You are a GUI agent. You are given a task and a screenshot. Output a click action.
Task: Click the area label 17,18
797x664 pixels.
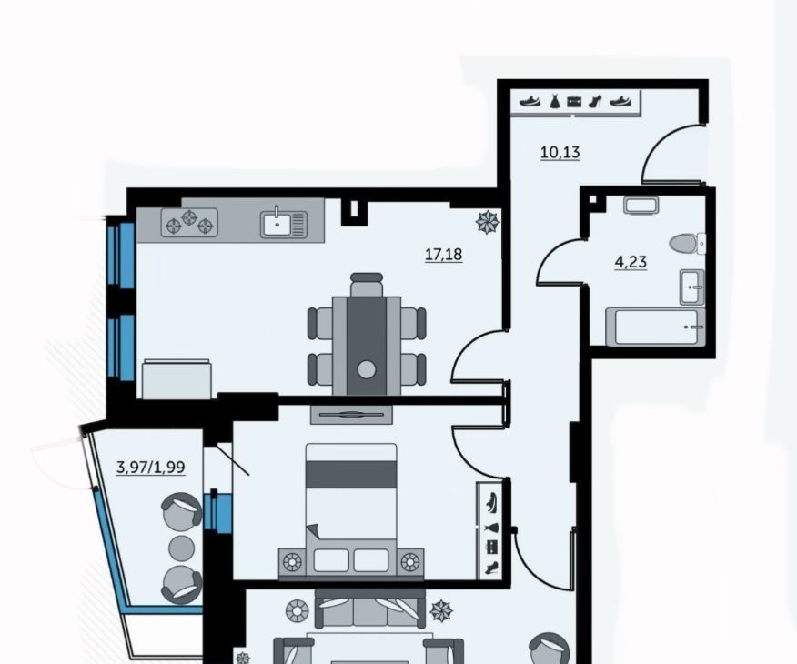[444, 254]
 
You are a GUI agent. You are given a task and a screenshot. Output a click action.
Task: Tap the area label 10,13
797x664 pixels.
[560, 153]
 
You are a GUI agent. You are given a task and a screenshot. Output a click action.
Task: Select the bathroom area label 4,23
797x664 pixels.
[631, 262]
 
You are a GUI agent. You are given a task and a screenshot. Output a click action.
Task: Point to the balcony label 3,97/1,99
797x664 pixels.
[150, 467]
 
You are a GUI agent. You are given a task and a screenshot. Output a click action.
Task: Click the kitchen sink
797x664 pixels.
[284, 224]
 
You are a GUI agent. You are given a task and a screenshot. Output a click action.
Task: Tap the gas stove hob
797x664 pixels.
[189, 223]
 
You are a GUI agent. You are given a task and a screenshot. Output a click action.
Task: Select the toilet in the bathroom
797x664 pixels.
[687, 244]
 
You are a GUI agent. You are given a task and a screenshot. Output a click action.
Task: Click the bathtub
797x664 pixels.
[656, 327]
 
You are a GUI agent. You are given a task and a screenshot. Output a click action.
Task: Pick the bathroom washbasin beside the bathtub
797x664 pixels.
[691, 287]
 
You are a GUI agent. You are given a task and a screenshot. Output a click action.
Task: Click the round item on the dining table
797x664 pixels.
[367, 370]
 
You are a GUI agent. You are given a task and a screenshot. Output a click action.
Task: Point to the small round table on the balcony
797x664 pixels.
[181, 548]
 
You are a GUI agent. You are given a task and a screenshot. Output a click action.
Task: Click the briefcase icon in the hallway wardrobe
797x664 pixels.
[574, 102]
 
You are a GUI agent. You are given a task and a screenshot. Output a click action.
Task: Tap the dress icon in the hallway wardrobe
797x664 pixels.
[554, 101]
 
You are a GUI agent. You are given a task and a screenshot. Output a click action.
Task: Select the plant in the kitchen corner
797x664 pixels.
[488, 223]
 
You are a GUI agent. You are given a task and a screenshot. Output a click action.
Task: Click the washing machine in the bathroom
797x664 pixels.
[641, 206]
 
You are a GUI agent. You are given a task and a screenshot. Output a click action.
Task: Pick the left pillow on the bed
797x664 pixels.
[331, 560]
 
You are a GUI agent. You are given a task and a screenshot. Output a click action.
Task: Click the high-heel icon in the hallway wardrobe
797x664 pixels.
[595, 101]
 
